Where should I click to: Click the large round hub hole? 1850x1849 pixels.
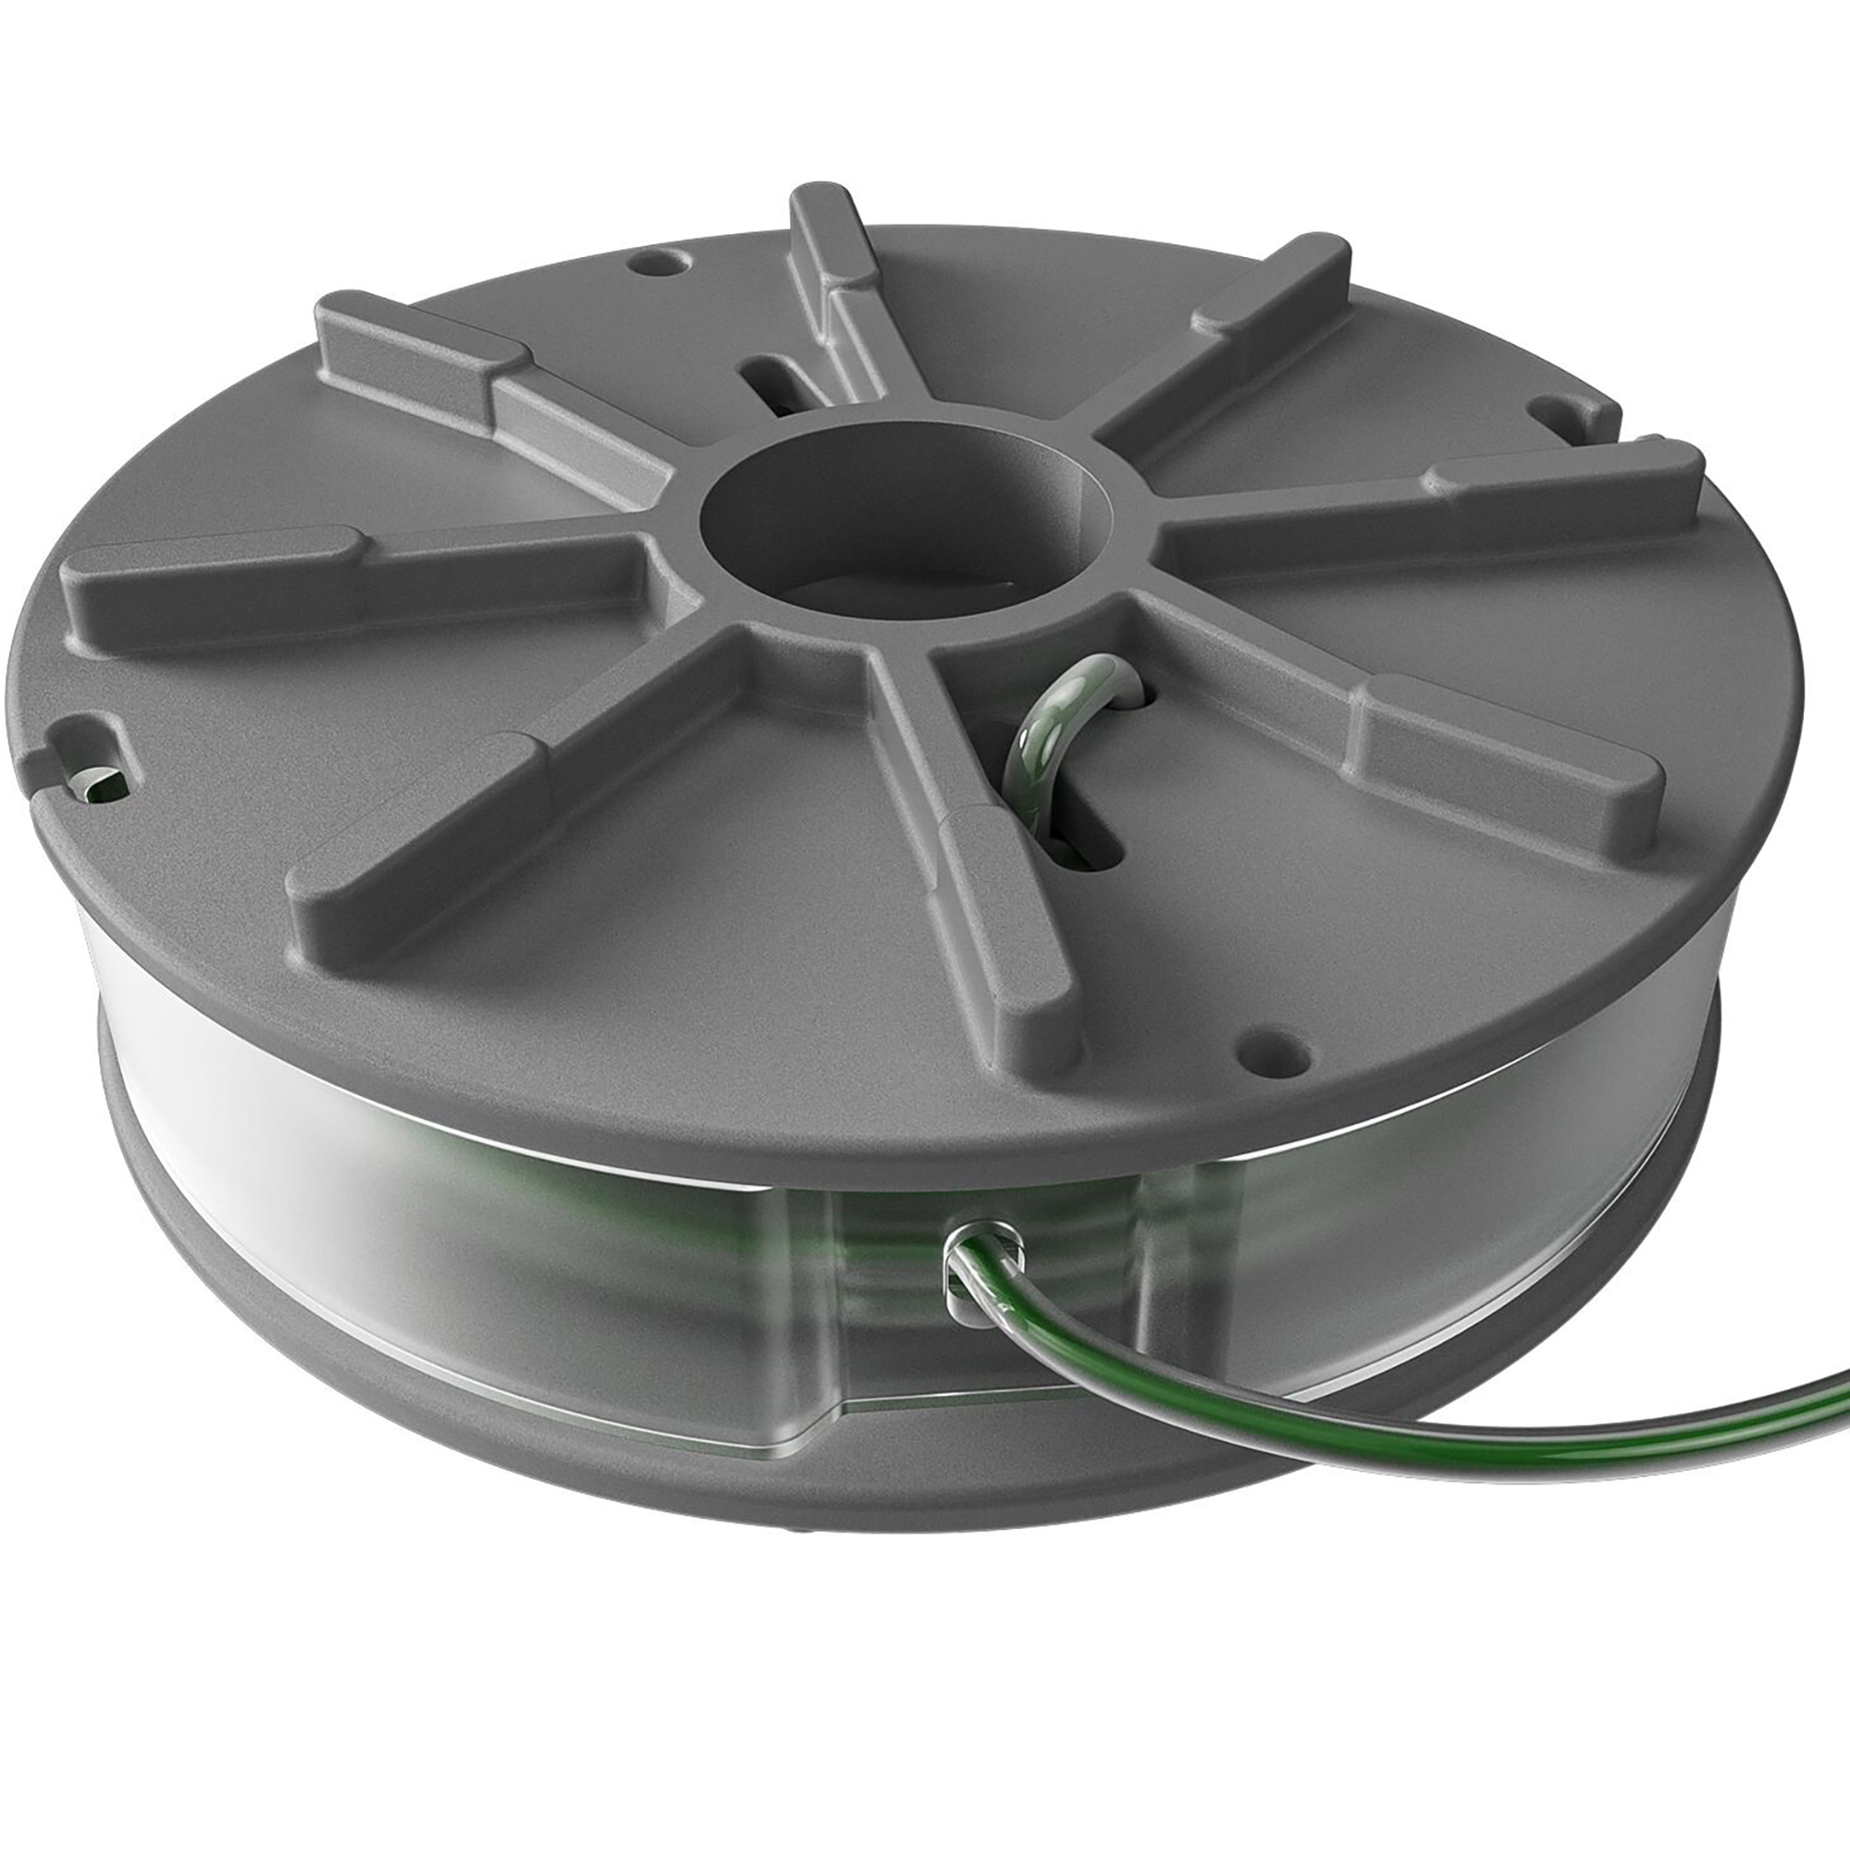pyautogui.click(x=905, y=522)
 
